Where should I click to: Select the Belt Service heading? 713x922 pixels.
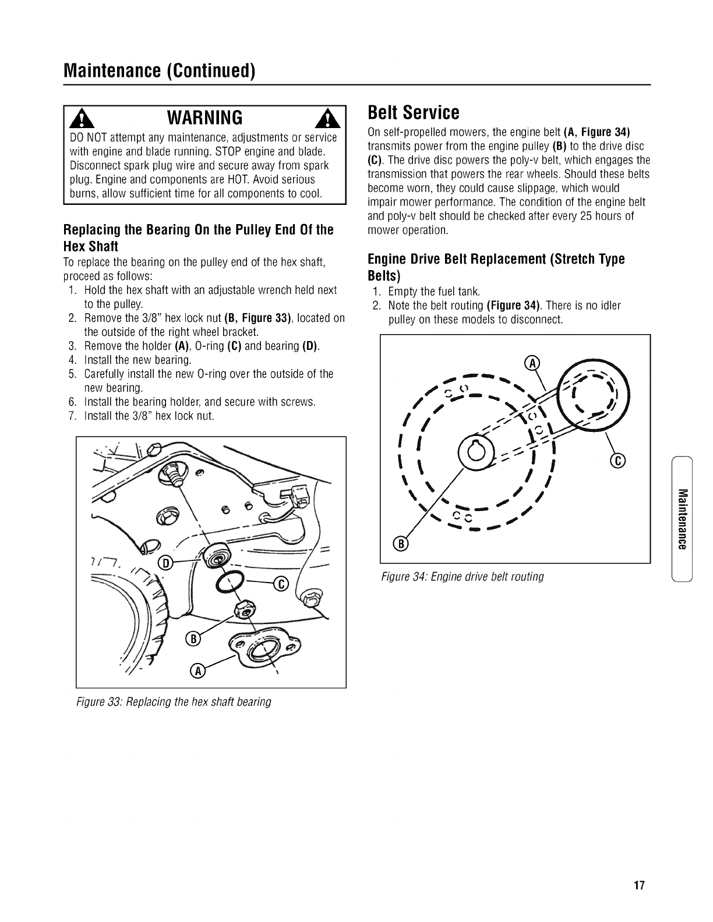point(414,112)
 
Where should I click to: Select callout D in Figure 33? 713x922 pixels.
point(165,563)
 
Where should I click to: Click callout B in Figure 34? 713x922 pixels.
point(401,544)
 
